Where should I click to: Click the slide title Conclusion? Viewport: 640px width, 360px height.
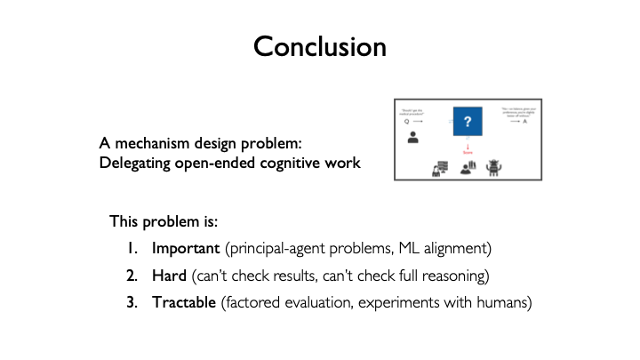pyautogui.click(x=319, y=45)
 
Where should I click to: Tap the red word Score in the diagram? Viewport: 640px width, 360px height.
pyautogui.click(x=467, y=152)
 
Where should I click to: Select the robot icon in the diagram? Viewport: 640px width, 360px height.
pyautogui.click(x=495, y=166)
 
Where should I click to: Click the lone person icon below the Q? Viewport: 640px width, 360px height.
pyautogui.click(x=412, y=138)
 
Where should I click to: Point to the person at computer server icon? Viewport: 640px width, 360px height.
pyautogui.click(x=439, y=167)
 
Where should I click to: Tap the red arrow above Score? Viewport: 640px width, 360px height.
pyautogui.click(x=467, y=144)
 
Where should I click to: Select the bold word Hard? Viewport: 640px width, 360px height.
pyautogui.click(x=170, y=275)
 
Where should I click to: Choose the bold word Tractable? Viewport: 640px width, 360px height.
pyautogui.click(x=184, y=302)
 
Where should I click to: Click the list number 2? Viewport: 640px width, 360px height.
pyautogui.click(x=132, y=275)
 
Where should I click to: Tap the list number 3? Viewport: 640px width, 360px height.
pyautogui.click(x=132, y=302)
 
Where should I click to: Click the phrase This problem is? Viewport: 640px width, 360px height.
pyautogui.click(x=156, y=220)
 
